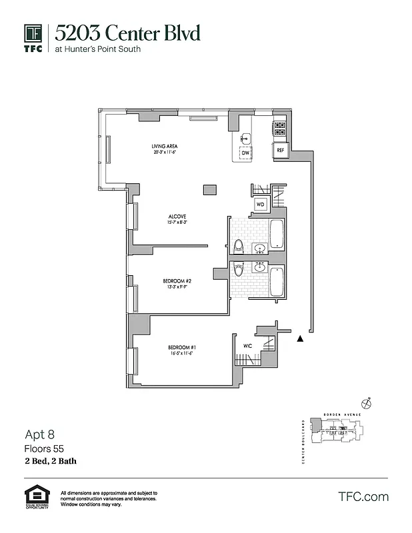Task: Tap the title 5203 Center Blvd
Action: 127,33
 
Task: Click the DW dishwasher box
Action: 245,153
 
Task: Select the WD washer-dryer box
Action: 261,204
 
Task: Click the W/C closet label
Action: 247,346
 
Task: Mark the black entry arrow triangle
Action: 301,339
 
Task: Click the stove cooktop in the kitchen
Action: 279,129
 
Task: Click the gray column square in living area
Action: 210,190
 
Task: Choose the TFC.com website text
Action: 363,497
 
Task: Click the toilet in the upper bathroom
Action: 239,247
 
